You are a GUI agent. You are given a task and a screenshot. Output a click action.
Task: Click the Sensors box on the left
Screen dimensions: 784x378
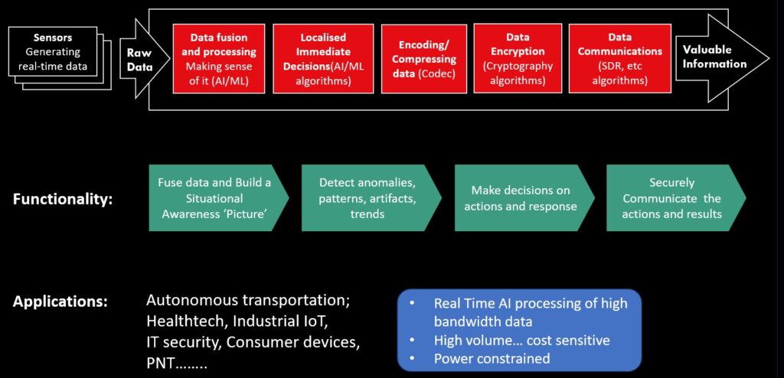pyautogui.click(x=53, y=51)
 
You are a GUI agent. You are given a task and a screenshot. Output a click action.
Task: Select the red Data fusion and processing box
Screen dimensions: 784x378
pyautogui.click(x=218, y=58)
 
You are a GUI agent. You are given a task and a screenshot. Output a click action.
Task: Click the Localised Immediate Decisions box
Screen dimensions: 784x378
pyautogui.click(x=323, y=58)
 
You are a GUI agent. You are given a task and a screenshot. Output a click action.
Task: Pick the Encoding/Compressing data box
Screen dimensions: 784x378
pyautogui.click(x=424, y=59)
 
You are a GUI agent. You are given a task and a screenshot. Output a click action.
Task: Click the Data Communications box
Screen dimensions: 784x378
pyautogui.click(x=620, y=58)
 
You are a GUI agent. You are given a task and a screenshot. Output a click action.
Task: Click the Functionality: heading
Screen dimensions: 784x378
pyautogui.click(x=63, y=200)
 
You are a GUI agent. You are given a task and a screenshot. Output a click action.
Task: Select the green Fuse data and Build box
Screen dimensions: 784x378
pyautogui.click(x=218, y=198)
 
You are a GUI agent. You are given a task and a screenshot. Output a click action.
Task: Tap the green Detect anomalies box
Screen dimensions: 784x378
pyautogui.click(x=371, y=198)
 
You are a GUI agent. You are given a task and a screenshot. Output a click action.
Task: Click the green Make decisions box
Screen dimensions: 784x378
pyautogui.click(x=524, y=198)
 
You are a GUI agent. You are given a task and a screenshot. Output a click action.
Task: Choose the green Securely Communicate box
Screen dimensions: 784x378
pyautogui.click(x=676, y=198)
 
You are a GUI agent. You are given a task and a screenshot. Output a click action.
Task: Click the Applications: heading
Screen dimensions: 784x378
pyautogui.click(x=60, y=302)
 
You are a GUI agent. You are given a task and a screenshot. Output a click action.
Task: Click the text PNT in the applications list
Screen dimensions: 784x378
pyautogui.click(x=159, y=363)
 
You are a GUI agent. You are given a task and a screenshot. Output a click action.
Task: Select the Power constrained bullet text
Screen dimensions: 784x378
pyautogui.click(x=492, y=359)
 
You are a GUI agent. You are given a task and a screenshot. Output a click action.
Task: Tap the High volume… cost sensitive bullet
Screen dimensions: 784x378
pyautogui.click(x=522, y=340)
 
